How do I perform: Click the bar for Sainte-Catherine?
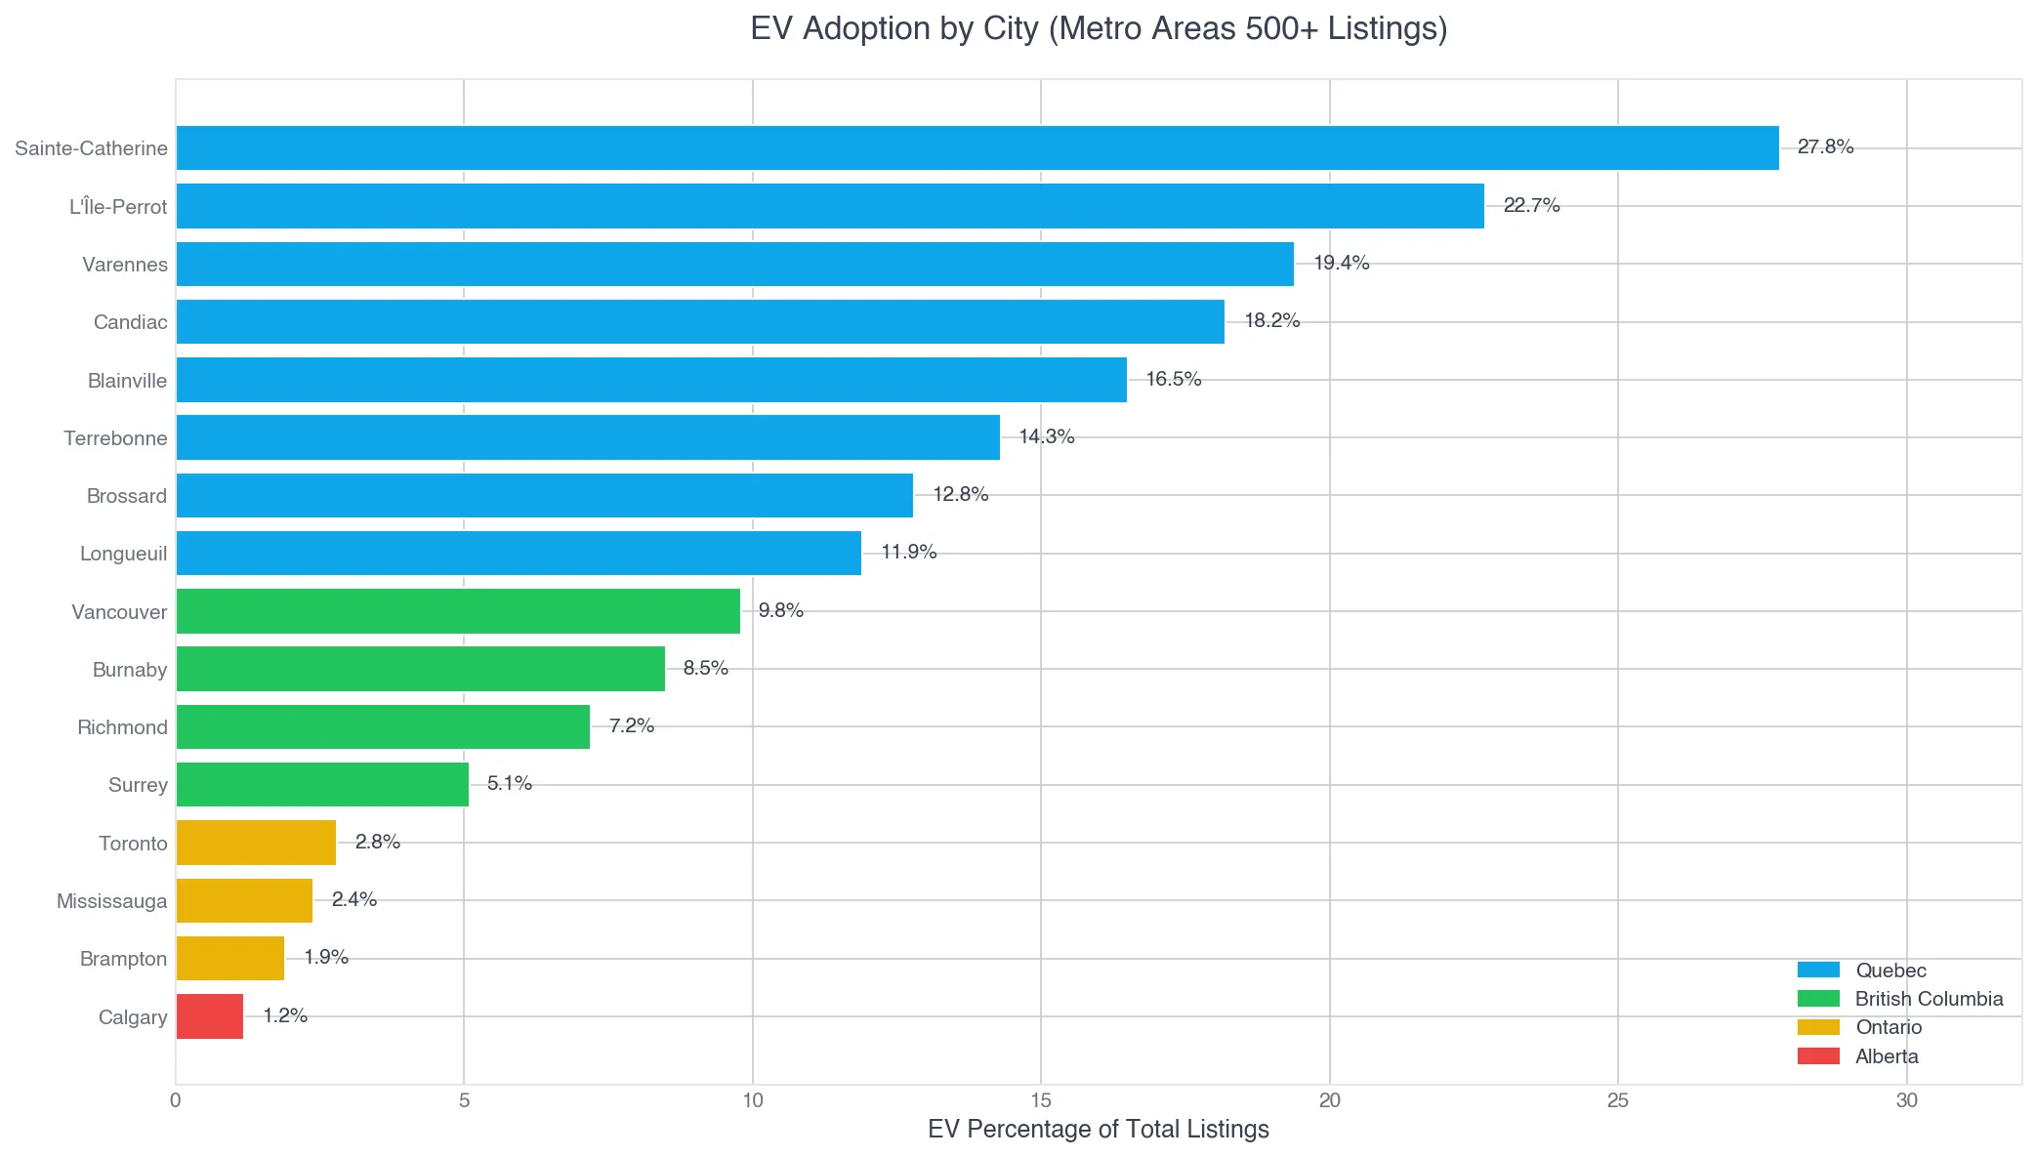coord(976,147)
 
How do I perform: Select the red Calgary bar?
coord(210,1016)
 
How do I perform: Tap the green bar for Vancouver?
coord(458,611)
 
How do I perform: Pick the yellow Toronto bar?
coord(256,843)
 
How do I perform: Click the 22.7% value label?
coord(1531,205)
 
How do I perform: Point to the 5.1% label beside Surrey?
coord(509,783)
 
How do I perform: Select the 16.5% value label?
coord(1173,379)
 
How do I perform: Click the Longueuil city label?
coord(123,554)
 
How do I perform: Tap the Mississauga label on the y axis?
coord(111,901)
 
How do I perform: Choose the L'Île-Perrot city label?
coord(118,207)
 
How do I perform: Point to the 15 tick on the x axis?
coord(1041,1100)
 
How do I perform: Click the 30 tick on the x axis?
coord(1906,1100)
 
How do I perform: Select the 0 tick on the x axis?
coord(176,1100)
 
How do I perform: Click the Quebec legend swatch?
coord(1818,970)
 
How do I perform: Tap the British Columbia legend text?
coord(1929,999)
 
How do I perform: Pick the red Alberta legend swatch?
coord(1818,1055)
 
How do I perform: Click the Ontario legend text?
coord(1889,1027)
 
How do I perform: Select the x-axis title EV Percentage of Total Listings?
coord(1098,1130)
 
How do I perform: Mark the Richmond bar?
coord(383,726)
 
